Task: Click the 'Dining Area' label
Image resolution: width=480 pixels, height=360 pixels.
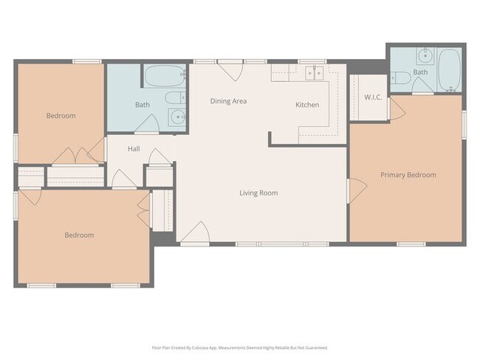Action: coord(228,101)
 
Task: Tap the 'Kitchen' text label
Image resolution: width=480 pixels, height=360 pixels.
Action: coord(307,105)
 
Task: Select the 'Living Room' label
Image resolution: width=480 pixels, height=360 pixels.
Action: coord(258,193)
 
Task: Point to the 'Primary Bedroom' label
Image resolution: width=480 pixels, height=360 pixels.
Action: coord(408,175)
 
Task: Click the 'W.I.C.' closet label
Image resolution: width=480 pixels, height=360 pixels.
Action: coord(372,97)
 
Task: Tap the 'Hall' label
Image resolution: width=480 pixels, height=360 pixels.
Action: coord(134,149)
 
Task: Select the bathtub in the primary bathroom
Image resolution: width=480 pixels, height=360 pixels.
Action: coord(448,69)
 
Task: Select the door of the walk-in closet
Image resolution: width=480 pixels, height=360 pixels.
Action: coord(396,109)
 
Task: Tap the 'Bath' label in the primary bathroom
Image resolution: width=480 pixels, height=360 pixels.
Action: coord(420,72)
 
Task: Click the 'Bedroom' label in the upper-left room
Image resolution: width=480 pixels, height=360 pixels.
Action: coord(61,116)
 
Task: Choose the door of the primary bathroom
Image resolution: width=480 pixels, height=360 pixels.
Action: coord(423,90)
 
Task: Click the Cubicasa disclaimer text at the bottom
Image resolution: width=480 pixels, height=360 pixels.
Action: coord(240,347)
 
